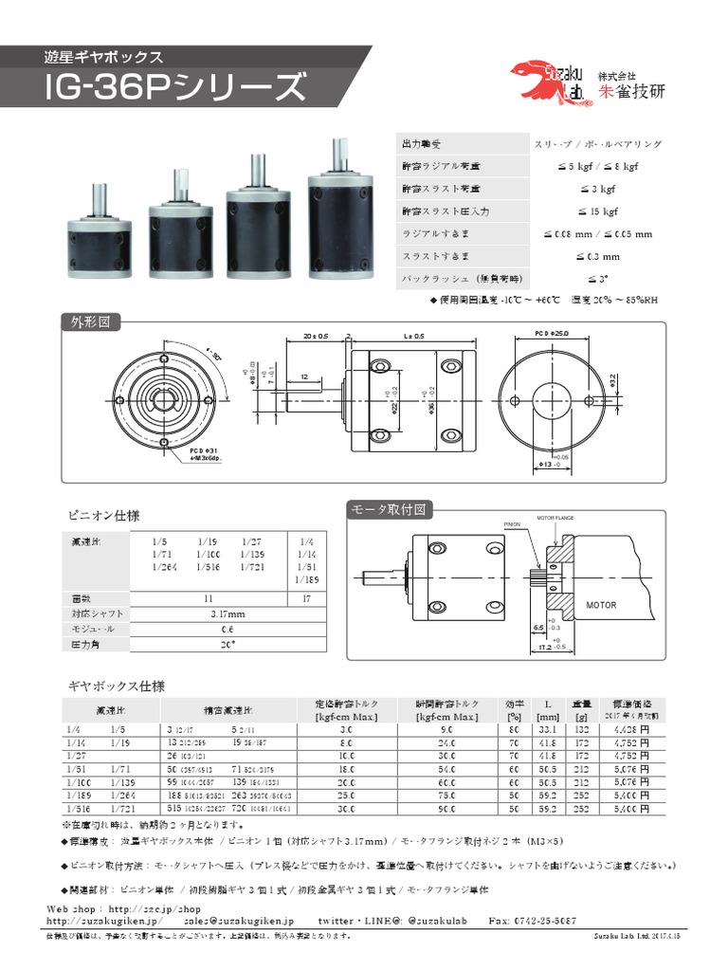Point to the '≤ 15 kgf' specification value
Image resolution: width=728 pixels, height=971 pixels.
(597, 211)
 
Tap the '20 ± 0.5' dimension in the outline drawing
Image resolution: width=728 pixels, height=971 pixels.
(316, 337)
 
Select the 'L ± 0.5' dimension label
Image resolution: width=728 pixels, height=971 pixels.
(414, 337)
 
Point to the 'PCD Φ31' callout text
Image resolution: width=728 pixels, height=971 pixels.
(204, 449)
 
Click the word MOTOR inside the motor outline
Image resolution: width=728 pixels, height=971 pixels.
(600, 604)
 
